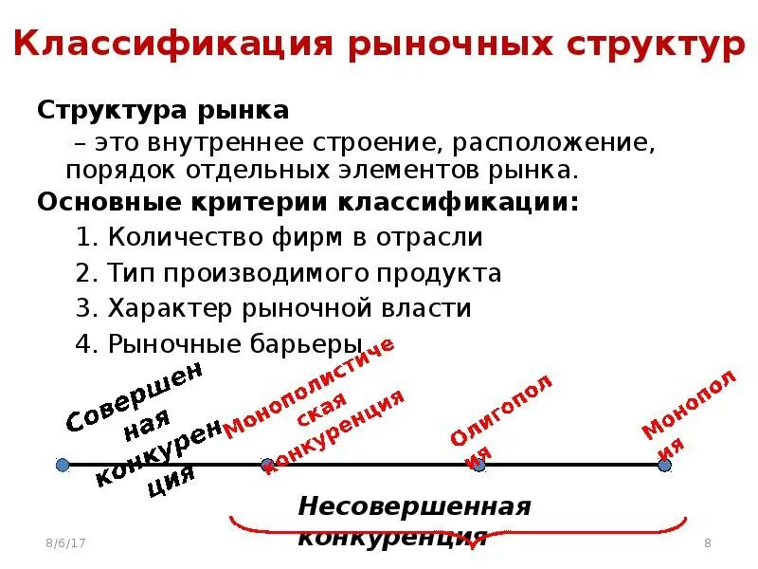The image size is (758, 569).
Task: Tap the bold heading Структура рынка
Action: click(163, 110)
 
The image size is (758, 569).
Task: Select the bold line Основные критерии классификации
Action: click(307, 203)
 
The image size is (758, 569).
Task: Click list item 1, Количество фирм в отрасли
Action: click(280, 237)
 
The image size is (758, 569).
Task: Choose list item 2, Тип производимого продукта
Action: click(288, 273)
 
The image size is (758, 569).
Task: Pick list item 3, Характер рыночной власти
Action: click(273, 308)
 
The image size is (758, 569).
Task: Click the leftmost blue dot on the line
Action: click(63, 465)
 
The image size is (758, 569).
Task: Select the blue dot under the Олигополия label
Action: click(478, 465)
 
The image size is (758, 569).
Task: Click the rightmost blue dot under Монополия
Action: click(665, 465)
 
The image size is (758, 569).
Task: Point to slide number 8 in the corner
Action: click(708, 542)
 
